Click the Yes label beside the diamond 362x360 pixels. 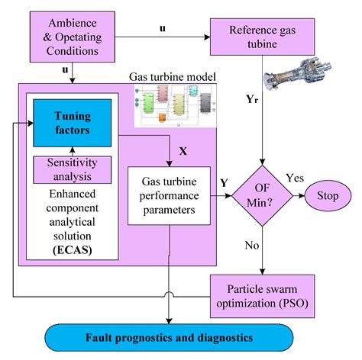coord(295,178)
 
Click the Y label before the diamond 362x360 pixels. coord(223,182)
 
